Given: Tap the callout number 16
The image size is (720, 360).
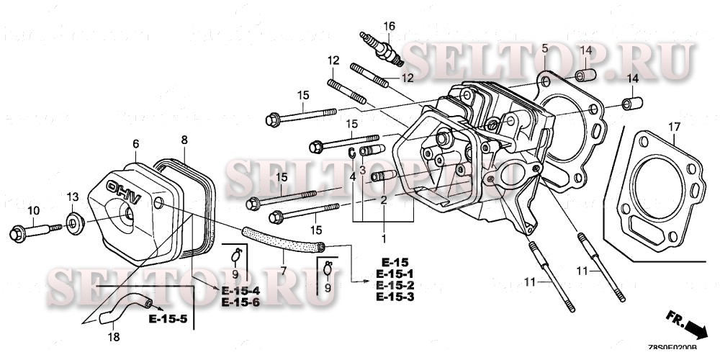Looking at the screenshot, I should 390,27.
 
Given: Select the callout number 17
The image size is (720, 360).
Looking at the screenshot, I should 673,127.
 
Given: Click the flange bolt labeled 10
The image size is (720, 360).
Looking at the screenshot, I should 32,233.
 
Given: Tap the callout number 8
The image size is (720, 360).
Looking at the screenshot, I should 184,139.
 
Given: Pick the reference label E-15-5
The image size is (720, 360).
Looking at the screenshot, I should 168,318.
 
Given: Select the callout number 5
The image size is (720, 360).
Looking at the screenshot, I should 545,48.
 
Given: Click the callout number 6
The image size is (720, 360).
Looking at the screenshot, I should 135,144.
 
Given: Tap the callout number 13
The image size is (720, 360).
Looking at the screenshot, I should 72,197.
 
